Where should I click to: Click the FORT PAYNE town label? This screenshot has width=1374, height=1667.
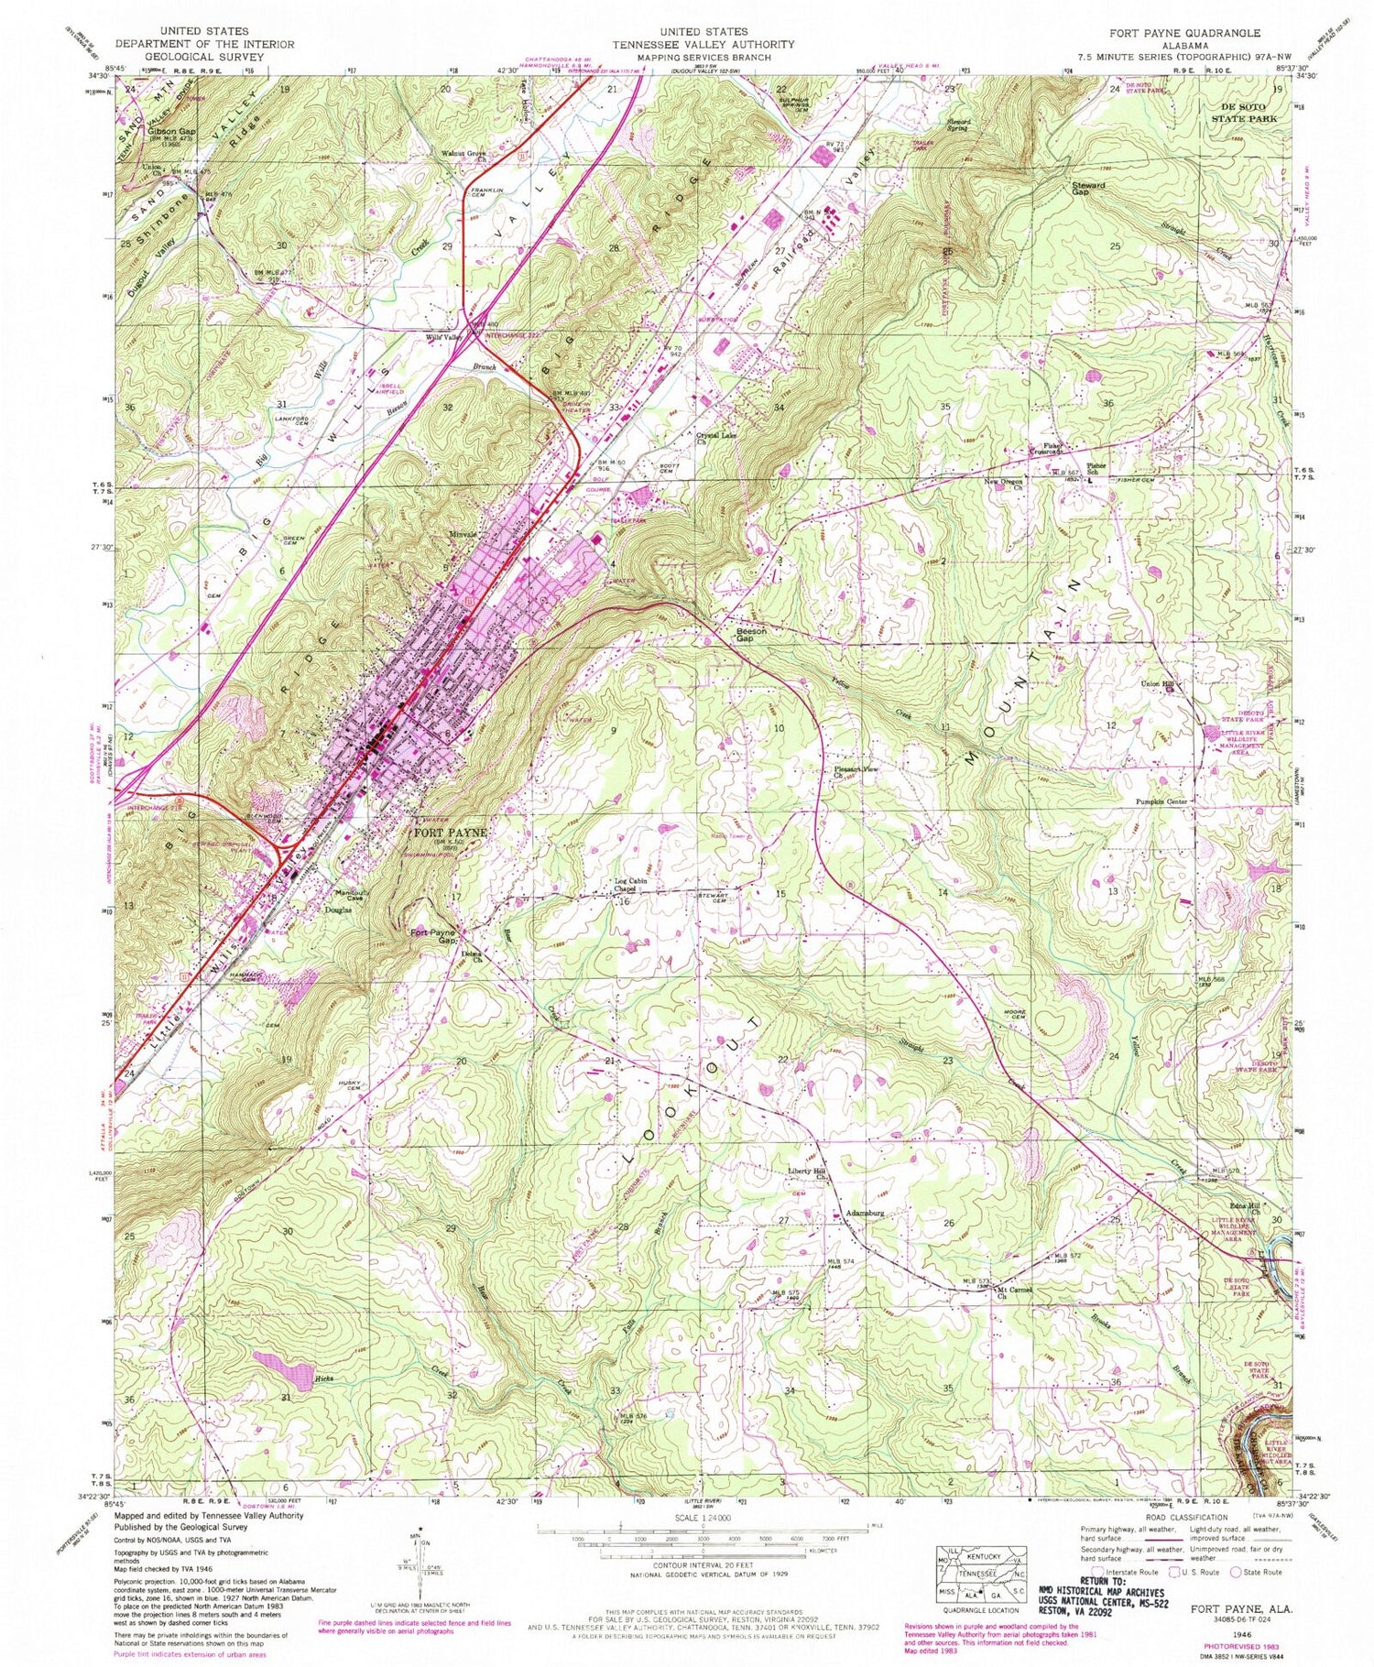[449, 833]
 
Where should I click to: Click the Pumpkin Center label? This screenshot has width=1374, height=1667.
[1156, 801]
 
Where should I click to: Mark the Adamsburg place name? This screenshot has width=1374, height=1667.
[864, 1212]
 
